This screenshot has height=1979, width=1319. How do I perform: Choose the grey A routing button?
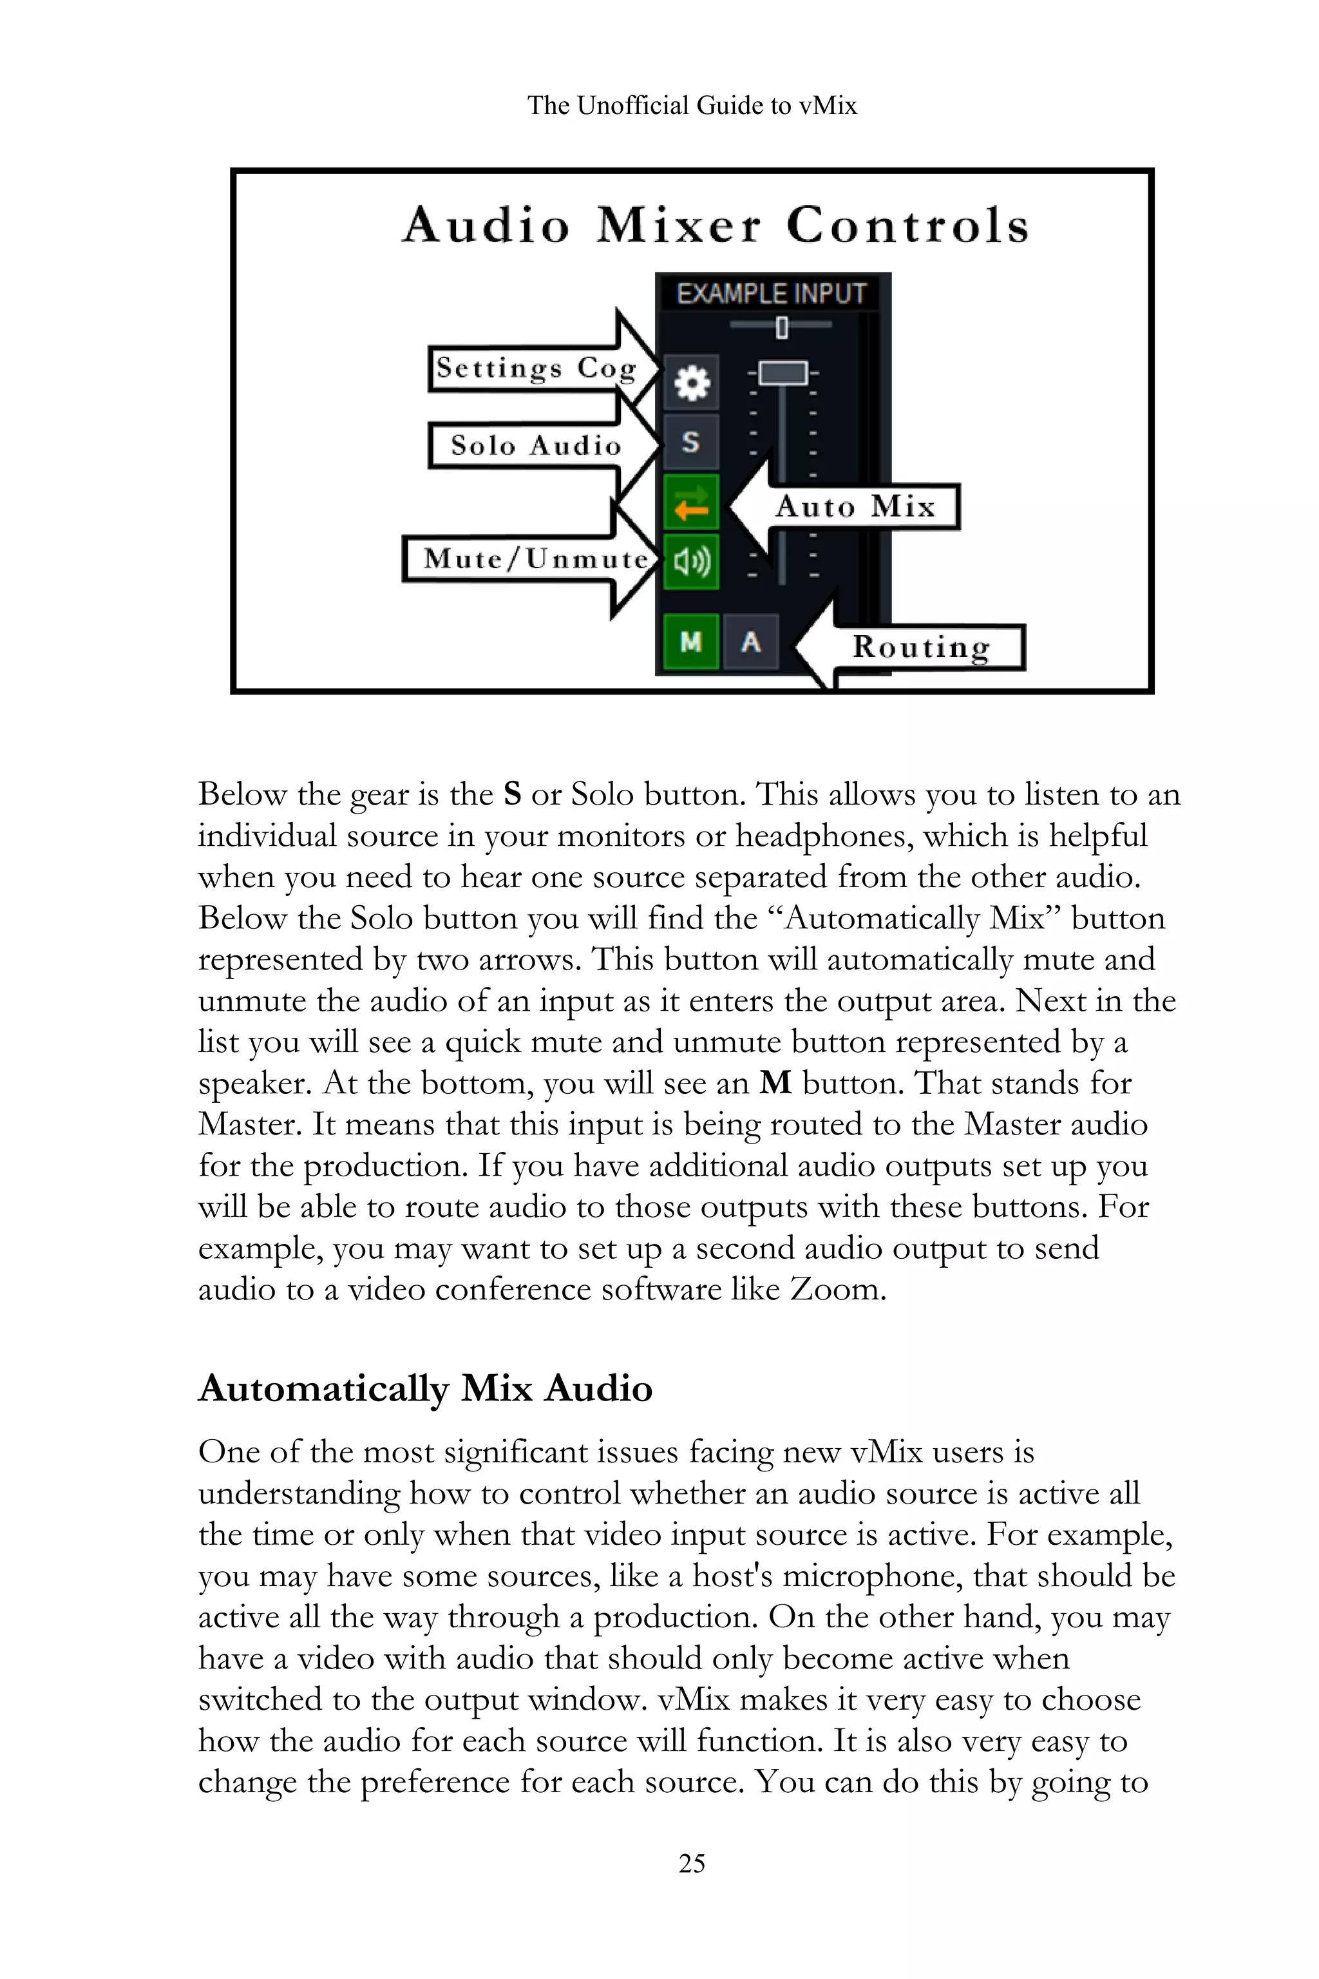click(x=751, y=642)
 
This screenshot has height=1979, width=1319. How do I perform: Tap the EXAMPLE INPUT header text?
click(x=772, y=294)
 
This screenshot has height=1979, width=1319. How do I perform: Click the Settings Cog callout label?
click(x=536, y=368)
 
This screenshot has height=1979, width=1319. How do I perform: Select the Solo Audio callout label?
click(x=535, y=445)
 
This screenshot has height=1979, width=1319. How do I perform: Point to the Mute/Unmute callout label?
click(x=535, y=559)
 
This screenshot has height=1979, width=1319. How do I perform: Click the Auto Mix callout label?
click(x=855, y=506)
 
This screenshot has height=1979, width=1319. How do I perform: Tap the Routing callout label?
click(x=922, y=647)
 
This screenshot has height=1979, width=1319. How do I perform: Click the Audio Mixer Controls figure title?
click(x=715, y=225)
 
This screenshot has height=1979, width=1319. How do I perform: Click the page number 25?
click(x=692, y=1863)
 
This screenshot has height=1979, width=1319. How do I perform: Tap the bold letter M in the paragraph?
click(x=775, y=1083)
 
